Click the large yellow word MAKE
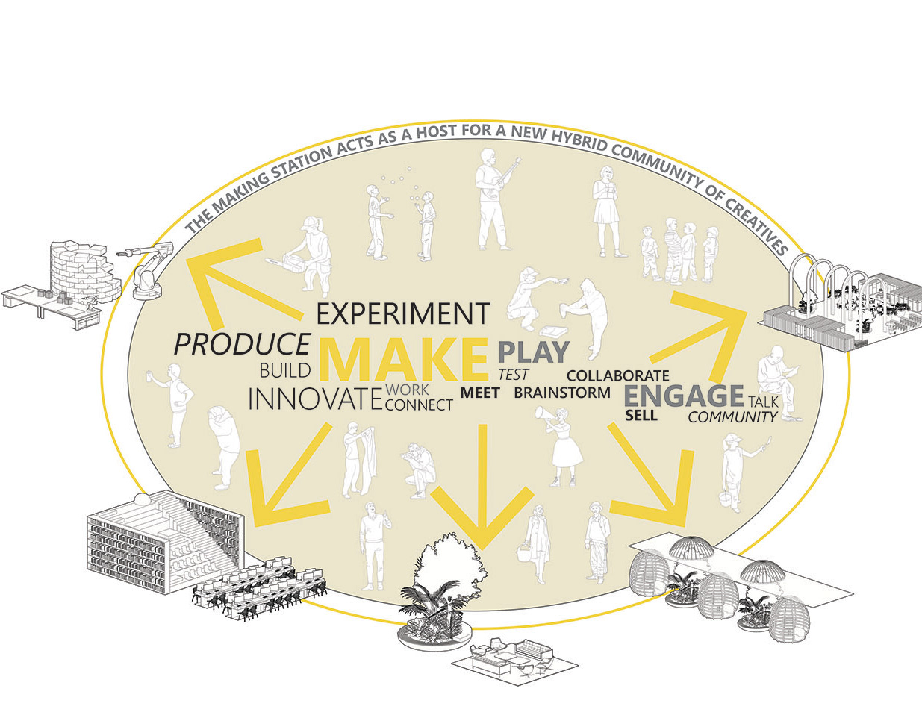402,360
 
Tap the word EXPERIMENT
403,314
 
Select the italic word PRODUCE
241,344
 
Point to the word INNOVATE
310,399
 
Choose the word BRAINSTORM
562,392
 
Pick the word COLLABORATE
617,375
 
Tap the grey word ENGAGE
683,396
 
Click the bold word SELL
641,415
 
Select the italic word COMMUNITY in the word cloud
732,417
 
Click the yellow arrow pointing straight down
482,493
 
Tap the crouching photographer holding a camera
418,468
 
